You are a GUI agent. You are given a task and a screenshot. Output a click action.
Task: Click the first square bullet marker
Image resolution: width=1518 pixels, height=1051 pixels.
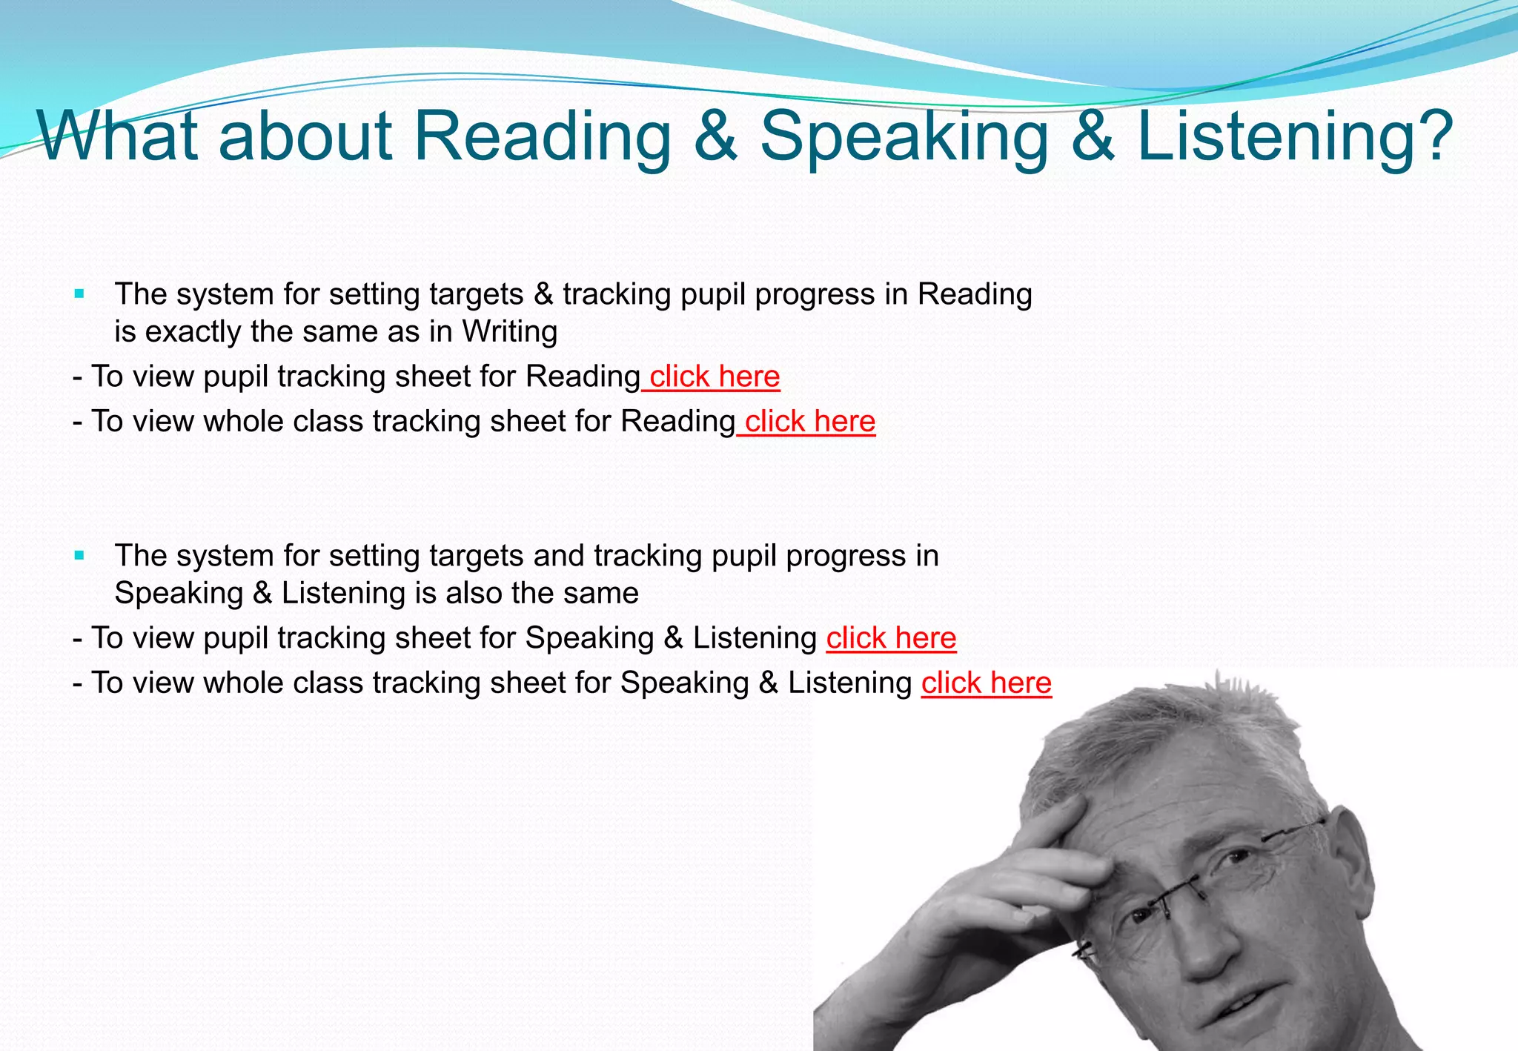pyautogui.click(x=80, y=294)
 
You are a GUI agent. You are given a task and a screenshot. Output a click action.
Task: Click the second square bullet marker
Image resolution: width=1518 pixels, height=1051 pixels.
pyautogui.click(x=80, y=555)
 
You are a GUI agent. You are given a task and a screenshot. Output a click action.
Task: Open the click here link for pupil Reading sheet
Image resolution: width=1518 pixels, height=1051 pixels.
pyautogui.click(x=714, y=377)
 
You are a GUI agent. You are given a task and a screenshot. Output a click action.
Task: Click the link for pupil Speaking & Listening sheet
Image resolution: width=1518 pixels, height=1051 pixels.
pyautogui.click(x=891, y=638)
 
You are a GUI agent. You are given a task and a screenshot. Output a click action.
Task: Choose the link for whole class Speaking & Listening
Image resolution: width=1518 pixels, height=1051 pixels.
pyautogui.click(x=986, y=683)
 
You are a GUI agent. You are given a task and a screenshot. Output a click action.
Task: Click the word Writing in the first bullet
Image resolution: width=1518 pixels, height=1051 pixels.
pyautogui.click(x=509, y=331)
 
